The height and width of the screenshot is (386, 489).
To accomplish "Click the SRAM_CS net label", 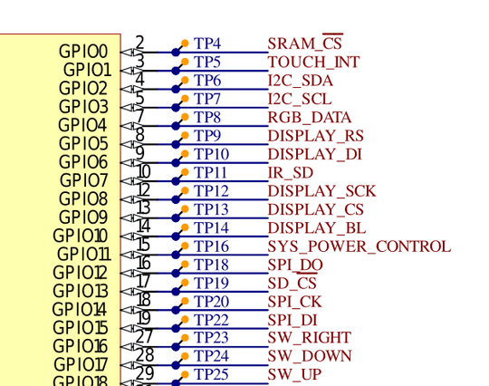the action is coord(304,43).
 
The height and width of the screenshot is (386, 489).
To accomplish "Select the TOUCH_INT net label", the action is coord(313,63).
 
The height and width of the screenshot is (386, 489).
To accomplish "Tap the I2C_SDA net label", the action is coord(301,81).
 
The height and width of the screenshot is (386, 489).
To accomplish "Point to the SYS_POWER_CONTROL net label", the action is coord(360,246).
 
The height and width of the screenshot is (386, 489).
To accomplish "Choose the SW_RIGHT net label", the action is coord(310,338).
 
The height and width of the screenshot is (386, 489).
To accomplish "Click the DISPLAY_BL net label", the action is coord(317,228).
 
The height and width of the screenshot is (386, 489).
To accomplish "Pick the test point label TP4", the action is coord(207,43).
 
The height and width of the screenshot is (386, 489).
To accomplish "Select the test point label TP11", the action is coord(210,172).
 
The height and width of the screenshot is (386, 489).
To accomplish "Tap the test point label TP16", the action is coord(211,246).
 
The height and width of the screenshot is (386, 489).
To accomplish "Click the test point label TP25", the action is coord(211,374).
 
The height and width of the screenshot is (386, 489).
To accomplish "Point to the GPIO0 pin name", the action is coord(83,52).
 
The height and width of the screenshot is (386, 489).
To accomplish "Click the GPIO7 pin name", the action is coord(83,180).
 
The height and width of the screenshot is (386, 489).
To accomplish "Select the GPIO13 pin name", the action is coord(81,291).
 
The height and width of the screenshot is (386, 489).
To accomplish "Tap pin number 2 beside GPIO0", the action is coord(140,42).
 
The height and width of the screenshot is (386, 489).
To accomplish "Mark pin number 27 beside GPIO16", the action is coord(145,336).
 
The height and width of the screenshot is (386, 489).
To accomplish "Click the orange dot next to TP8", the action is coord(185,117).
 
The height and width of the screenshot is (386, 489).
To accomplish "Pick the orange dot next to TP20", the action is coord(185,301).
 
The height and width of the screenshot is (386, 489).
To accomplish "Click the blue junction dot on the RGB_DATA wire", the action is coord(176,126).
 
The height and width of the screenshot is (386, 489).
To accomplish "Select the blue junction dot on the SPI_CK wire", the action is coord(176,310).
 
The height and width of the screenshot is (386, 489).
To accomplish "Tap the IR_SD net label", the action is coord(291,173).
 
